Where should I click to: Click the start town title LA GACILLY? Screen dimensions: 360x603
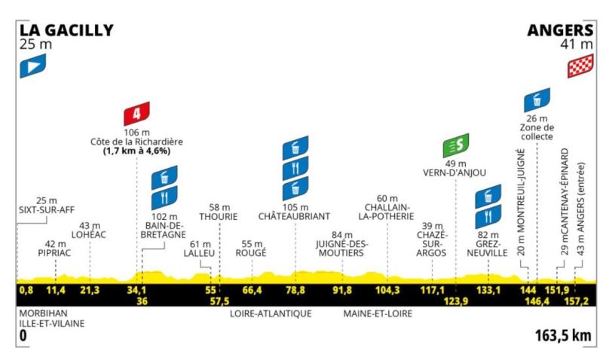(67, 30)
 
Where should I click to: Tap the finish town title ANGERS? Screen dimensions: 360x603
(561, 30)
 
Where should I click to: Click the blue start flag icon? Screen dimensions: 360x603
(33, 69)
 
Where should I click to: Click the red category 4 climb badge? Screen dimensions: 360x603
(136, 114)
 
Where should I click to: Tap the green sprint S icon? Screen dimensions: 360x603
(457, 144)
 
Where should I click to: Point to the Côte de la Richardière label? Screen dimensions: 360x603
(136, 142)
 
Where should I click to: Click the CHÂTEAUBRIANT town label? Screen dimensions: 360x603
(294, 215)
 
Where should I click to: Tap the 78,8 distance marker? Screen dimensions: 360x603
(294, 290)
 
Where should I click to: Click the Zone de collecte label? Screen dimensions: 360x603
(536, 132)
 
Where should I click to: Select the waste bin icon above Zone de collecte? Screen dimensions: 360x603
(537, 100)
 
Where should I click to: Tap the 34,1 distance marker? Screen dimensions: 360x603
(136, 290)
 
